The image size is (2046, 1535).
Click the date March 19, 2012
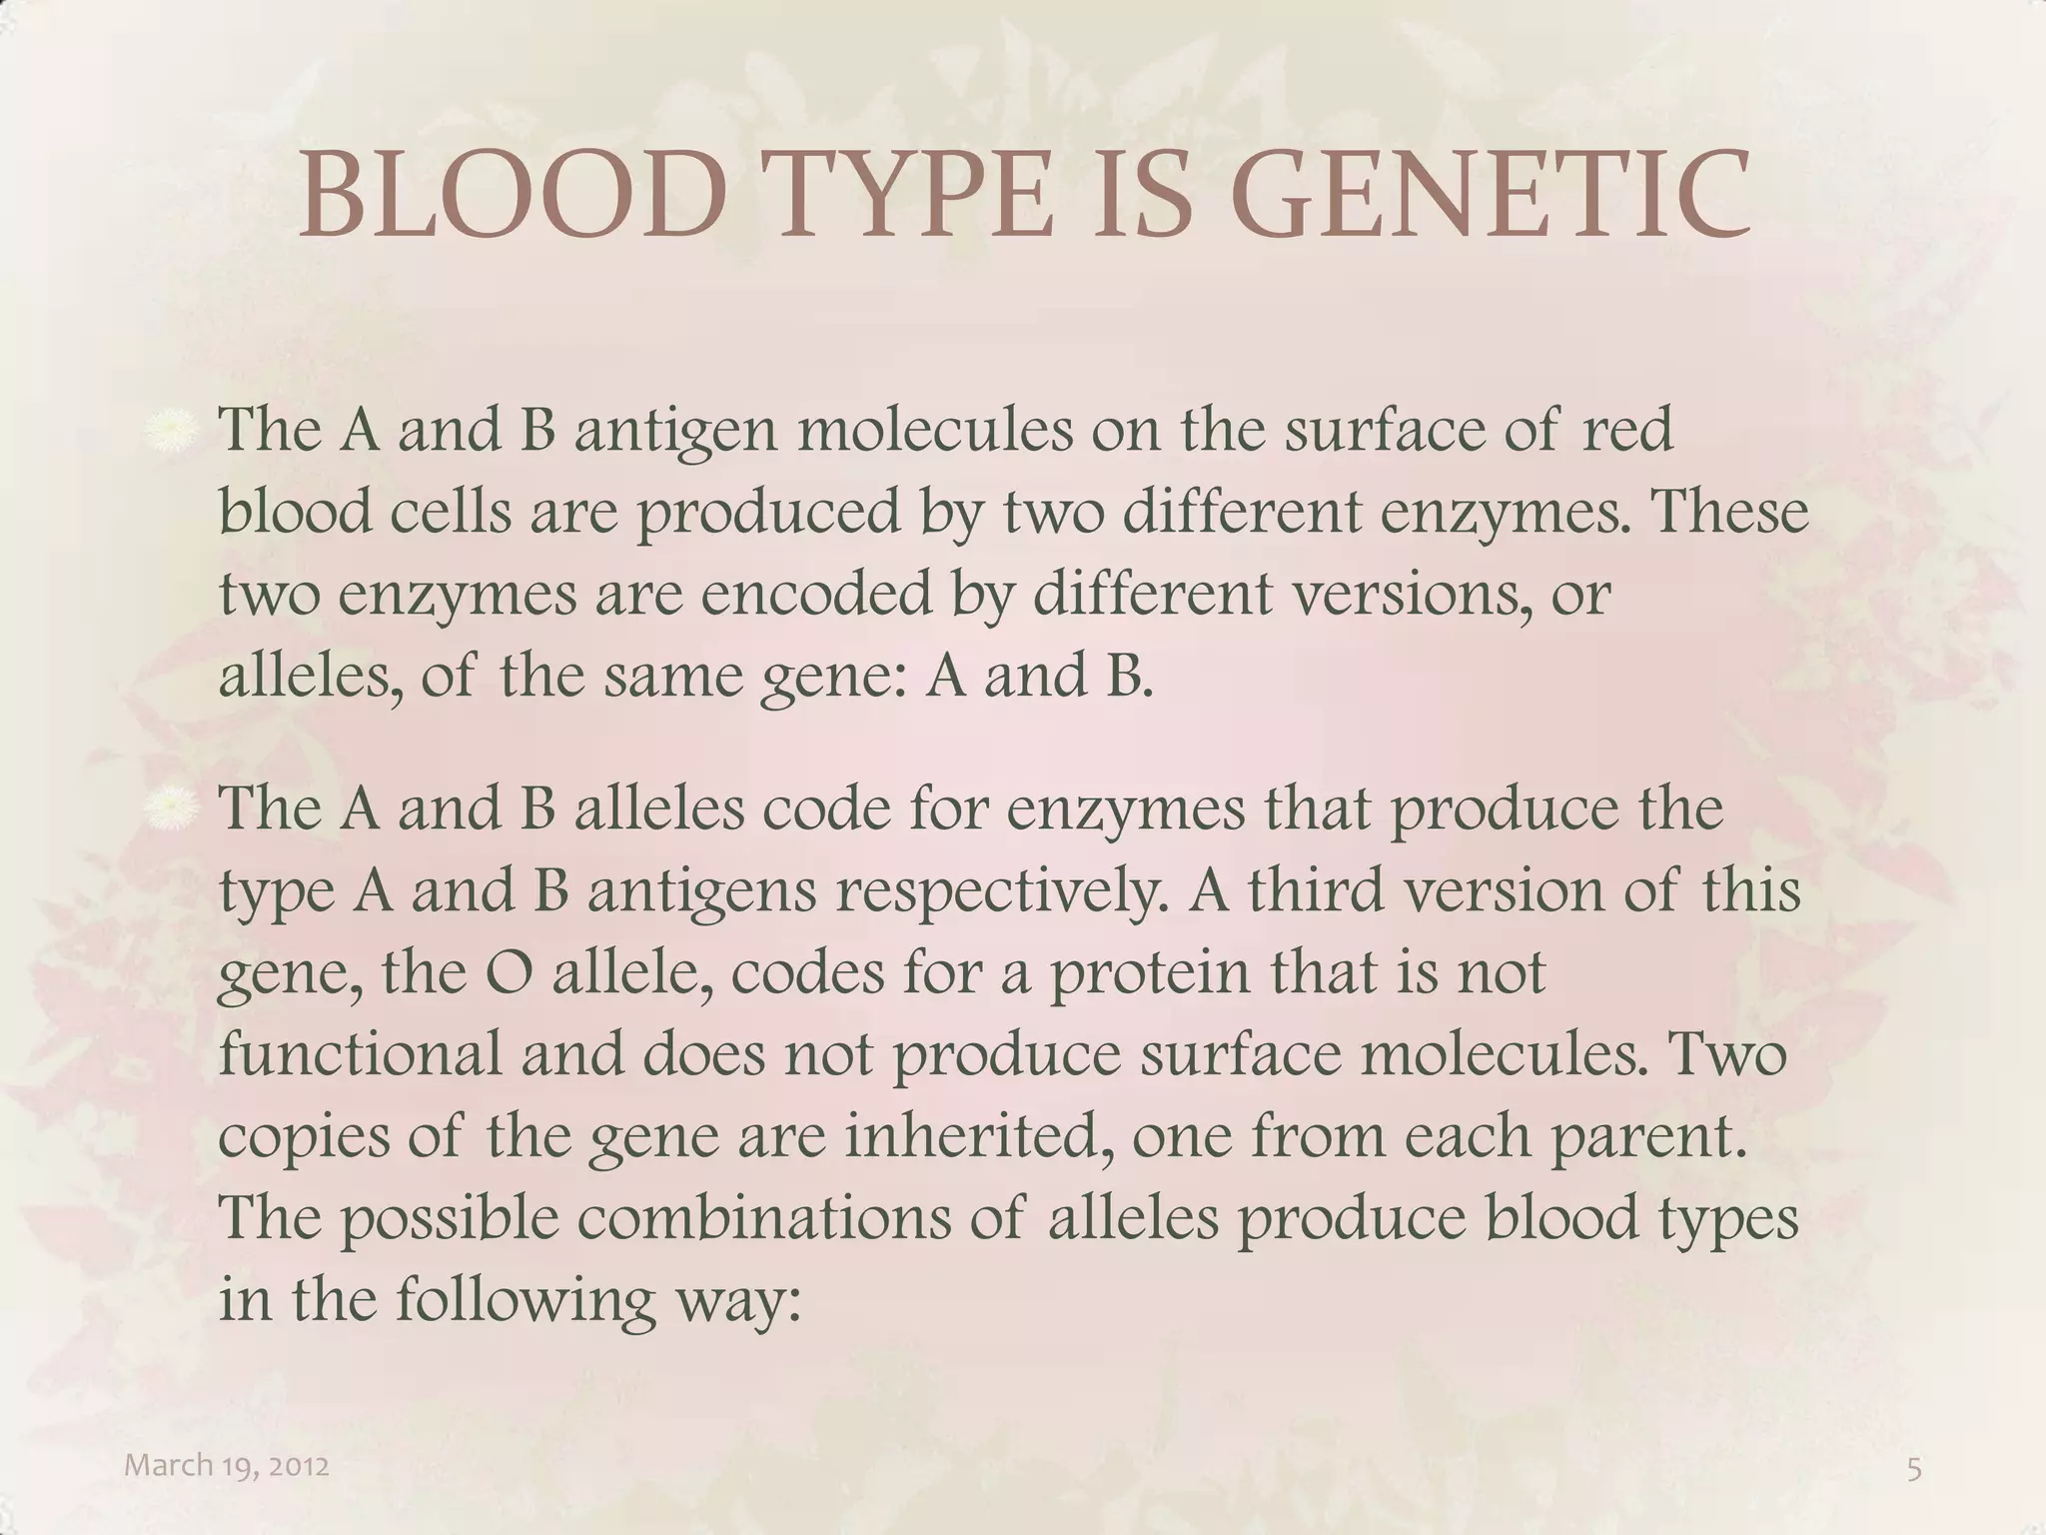click(227, 1466)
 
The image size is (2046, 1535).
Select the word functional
click(360, 1054)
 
